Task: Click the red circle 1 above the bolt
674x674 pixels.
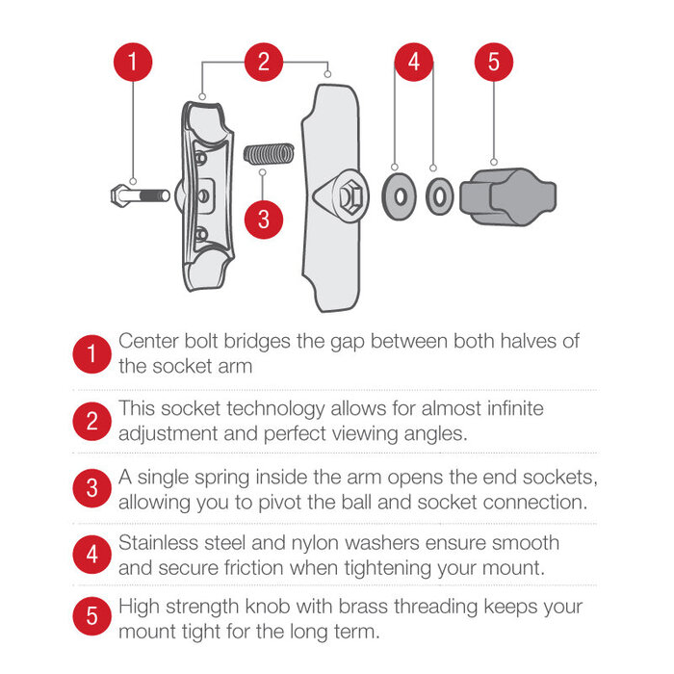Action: (x=133, y=64)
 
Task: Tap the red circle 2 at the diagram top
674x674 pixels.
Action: (x=263, y=64)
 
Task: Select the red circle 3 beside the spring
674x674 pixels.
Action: (x=264, y=218)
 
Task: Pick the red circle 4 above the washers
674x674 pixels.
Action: (x=414, y=64)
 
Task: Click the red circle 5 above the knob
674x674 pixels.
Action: (x=493, y=64)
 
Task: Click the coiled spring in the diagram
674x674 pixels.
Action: (x=267, y=154)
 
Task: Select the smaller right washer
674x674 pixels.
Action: (x=440, y=196)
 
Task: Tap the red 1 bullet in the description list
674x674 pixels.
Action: (x=91, y=354)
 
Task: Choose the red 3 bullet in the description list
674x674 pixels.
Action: (x=91, y=488)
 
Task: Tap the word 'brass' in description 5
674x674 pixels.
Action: (x=391, y=609)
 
